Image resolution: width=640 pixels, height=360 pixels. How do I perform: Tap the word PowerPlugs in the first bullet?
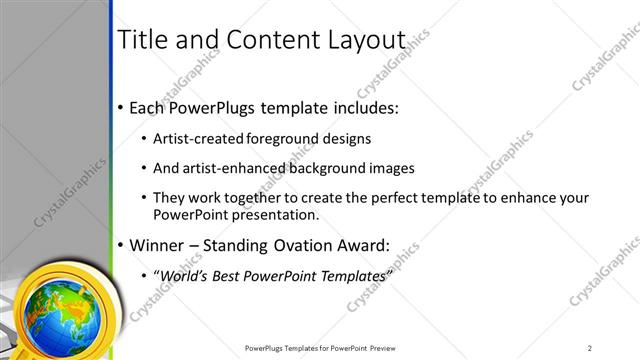[x=216, y=106]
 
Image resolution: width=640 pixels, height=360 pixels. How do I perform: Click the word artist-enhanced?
[x=229, y=168]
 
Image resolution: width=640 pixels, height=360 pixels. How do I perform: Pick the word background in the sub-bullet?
[x=325, y=168]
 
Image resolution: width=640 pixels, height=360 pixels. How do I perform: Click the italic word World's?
[x=185, y=274]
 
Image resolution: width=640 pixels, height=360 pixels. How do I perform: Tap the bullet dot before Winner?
[x=120, y=244]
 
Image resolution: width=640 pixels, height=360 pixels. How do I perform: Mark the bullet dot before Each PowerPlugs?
[x=120, y=107]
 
